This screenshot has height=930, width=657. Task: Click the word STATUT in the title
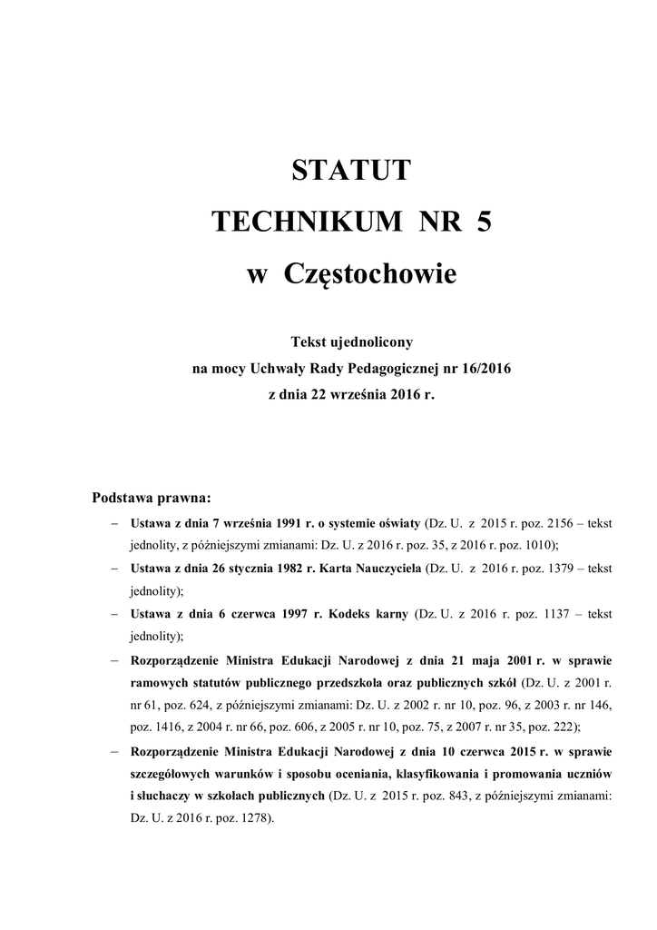[x=351, y=170]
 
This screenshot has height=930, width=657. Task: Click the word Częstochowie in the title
[x=370, y=273]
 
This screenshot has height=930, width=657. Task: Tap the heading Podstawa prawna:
[x=152, y=498]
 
